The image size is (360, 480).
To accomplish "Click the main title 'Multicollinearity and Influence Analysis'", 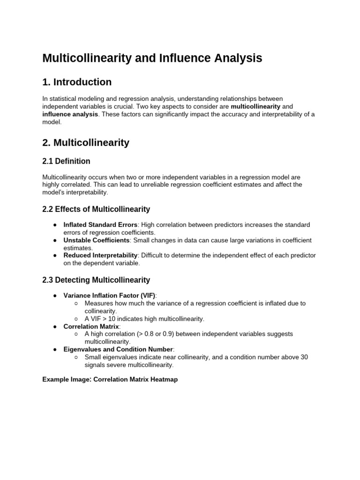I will click(152, 58).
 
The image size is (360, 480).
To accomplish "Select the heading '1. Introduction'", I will click(77, 82).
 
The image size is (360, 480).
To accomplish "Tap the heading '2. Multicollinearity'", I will click(86, 142).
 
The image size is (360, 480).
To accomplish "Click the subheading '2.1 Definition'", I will click(66, 161).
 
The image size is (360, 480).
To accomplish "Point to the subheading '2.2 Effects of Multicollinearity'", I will click(96, 209).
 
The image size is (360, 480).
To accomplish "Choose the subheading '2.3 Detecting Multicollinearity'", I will click(96, 280).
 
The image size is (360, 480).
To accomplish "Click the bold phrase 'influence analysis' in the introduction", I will click(70, 114).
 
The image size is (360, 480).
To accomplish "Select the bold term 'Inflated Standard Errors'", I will click(100, 225).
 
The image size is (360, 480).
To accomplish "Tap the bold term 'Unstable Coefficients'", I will click(96, 240).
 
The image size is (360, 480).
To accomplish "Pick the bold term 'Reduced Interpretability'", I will click(100, 255).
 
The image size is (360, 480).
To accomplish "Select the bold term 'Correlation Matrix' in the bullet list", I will click(91, 326).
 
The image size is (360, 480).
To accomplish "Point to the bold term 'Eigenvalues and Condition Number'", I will click(118, 349).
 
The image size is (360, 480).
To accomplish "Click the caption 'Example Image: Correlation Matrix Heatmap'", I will click(110, 380).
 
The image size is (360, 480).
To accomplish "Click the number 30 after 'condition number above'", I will click(304, 357).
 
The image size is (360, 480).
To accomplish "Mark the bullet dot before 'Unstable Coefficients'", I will click(55, 240).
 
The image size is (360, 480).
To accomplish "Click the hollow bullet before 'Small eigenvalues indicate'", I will click(76, 357).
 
